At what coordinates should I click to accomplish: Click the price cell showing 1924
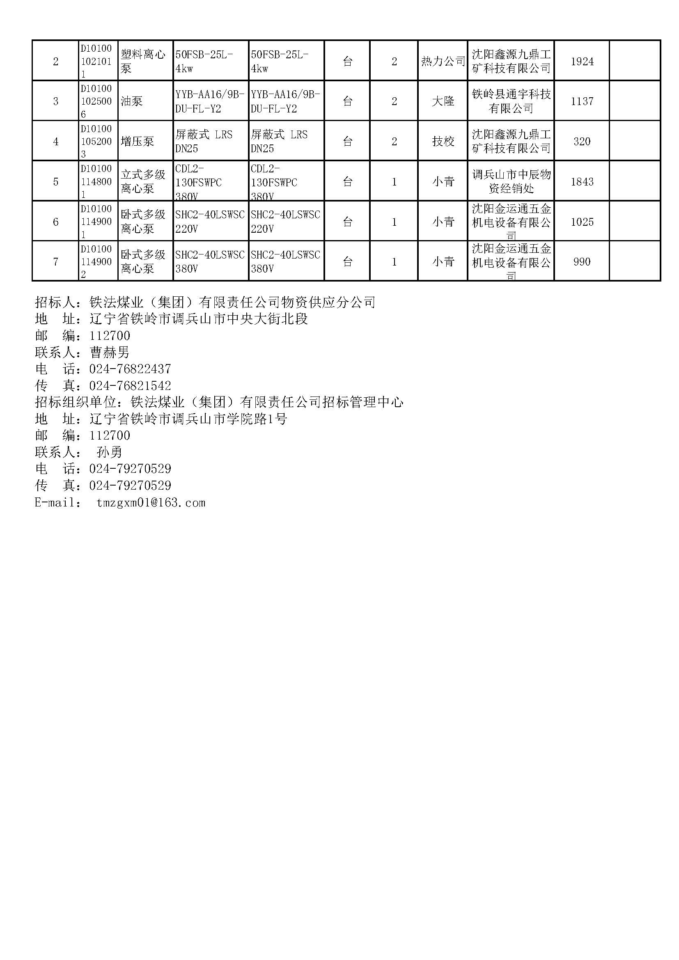[x=582, y=62]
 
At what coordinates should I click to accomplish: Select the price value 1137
[x=582, y=101]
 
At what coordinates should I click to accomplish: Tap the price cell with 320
[x=582, y=141]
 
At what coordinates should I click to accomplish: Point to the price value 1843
[x=582, y=181]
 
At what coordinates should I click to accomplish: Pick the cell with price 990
[x=582, y=262]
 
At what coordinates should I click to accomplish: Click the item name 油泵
[x=132, y=101]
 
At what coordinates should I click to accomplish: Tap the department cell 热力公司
[x=443, y=62]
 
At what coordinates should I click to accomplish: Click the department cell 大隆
[x=443, y=101]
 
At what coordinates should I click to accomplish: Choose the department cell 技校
[x=443, y=141]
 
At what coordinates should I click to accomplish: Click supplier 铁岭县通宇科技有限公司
[x=511, y=101]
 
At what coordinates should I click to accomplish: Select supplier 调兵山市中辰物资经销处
[x=511, y=181]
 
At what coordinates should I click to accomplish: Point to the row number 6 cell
[x=55, y=222]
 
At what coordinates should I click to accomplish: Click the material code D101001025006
[x=96, y=101]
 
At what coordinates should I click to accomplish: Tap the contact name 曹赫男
[x=110, y=353]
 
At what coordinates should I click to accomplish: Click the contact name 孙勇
[x=110, y=452]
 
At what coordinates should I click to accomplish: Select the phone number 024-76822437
[x=130, y=369]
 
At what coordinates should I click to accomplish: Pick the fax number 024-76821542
[x=130, y=385]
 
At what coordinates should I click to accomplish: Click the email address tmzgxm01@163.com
[x=151, y=502]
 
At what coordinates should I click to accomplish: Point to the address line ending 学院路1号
[x=188, y=419]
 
